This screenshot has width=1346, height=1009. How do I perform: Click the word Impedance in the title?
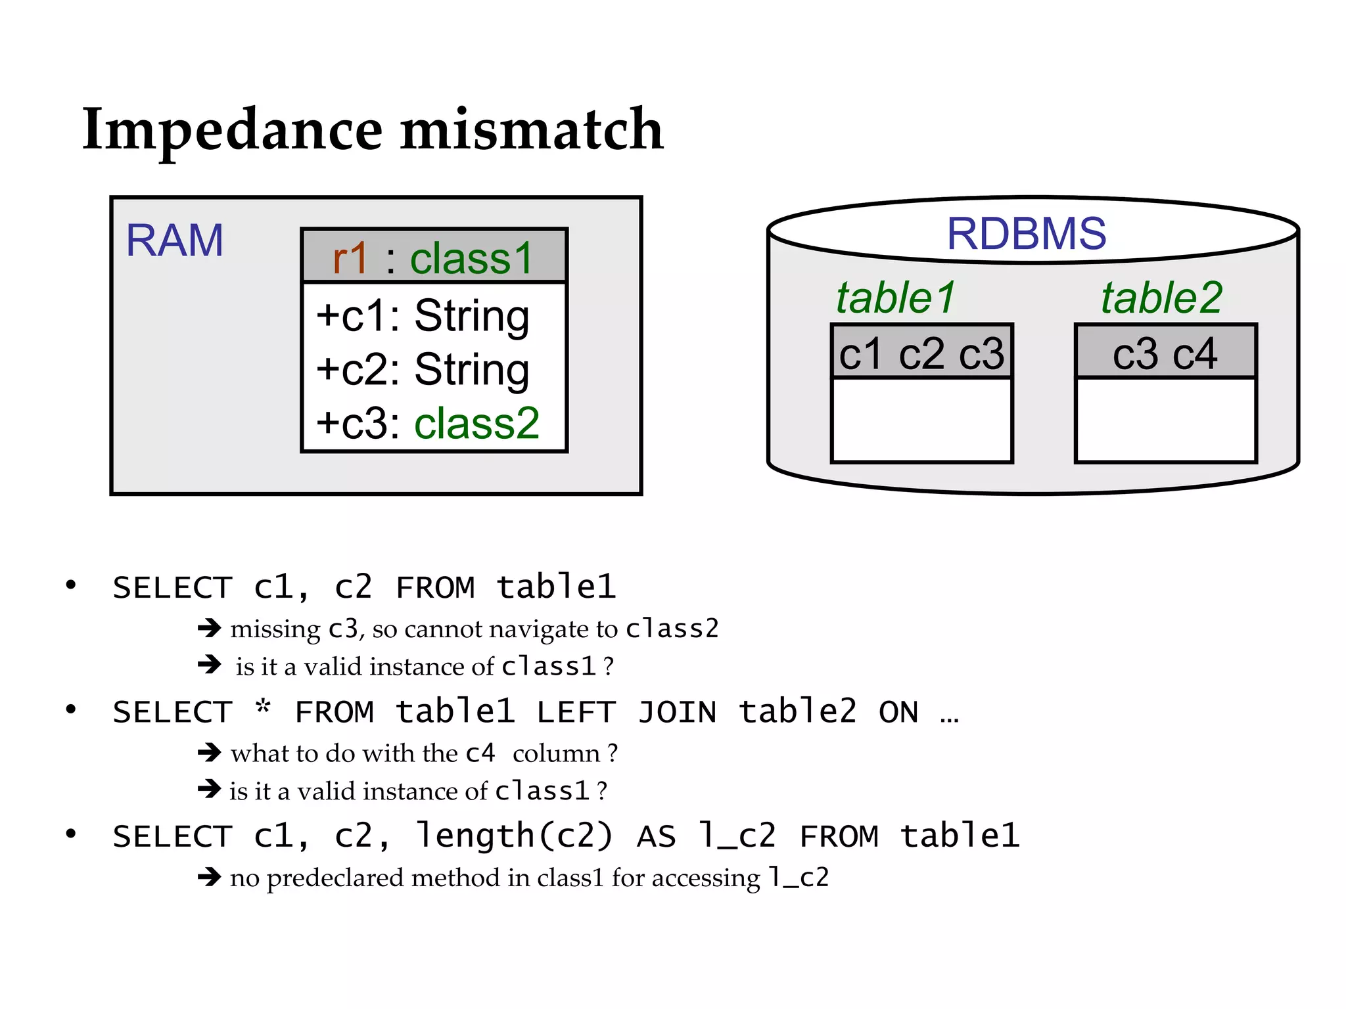coord(232,130)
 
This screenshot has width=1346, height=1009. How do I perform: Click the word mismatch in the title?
coord(532,130)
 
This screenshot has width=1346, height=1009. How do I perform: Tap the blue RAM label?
coord(174,240)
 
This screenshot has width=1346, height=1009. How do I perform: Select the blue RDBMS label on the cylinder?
coord(1026,234)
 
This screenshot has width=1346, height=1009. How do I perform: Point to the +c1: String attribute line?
coord(423,316)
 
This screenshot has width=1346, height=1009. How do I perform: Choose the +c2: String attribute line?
coord(423,370)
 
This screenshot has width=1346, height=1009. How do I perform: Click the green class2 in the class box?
coord(476,423)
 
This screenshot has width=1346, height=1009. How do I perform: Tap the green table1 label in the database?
coord(896,298)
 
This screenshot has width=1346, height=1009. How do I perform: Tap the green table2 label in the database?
coord(1161,298)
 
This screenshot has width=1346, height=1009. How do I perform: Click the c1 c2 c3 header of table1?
coord(921,353)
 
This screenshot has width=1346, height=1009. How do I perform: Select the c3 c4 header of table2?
coord(1165,353)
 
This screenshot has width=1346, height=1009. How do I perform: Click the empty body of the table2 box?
coord(1165,420)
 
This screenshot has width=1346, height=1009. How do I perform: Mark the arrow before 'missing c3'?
coord(210,629)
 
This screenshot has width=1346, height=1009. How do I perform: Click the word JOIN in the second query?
coord(677,713)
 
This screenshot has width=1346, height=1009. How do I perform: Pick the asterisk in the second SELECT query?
coord(263,708)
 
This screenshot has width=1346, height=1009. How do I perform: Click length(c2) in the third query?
coord(514,836)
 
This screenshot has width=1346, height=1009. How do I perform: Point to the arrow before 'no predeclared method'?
coord(210,877)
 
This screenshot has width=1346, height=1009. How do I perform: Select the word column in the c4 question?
coord(556,753)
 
